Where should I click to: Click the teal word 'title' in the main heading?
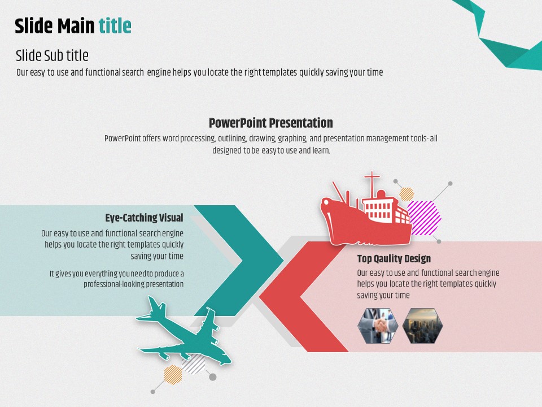point(115,26)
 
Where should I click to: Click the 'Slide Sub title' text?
point(52,55)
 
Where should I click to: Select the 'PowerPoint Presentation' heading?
point(270,123)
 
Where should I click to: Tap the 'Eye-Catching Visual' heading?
point(144,218)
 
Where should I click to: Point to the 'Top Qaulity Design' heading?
point(394,258)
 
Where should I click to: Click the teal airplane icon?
point(183,332)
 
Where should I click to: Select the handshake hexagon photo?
point(378,326)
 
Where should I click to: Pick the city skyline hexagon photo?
point(422,326)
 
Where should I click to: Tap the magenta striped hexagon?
point(424,218)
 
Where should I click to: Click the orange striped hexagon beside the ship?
point(406,194)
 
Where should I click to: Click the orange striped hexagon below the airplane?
point(173,374)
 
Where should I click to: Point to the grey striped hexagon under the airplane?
point(194,364)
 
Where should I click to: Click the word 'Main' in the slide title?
point(76,26)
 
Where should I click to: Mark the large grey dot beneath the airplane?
point(213,377)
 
